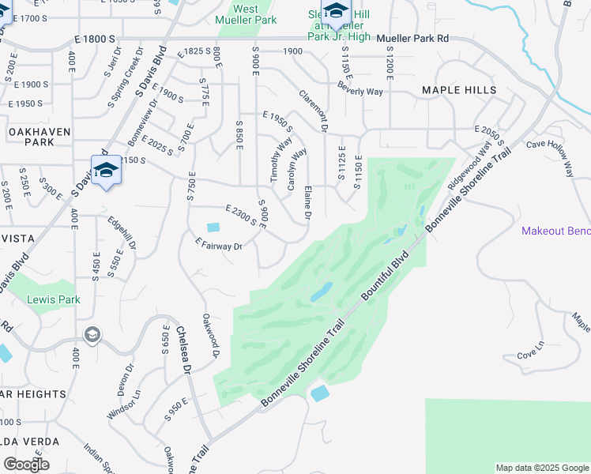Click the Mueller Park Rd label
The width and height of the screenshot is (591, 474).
(x=412, y=38)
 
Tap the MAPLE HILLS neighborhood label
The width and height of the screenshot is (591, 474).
(x=459, y=90)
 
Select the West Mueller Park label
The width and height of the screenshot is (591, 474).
(x=246, y=14)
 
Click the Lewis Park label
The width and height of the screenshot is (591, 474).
(x=54, y=300)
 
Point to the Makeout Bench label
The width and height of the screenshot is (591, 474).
(x=555, y=231)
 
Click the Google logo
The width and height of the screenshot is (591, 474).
(x=26, y=464)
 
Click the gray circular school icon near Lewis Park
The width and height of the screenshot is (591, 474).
(x=92, y=336)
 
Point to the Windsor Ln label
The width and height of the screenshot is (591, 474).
(x=125, y=404)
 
